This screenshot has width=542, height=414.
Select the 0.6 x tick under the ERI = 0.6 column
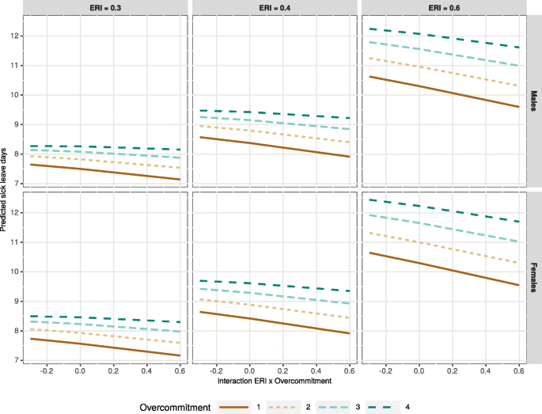click(519, 370)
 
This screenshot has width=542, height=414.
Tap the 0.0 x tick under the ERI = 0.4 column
click(249, 370)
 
